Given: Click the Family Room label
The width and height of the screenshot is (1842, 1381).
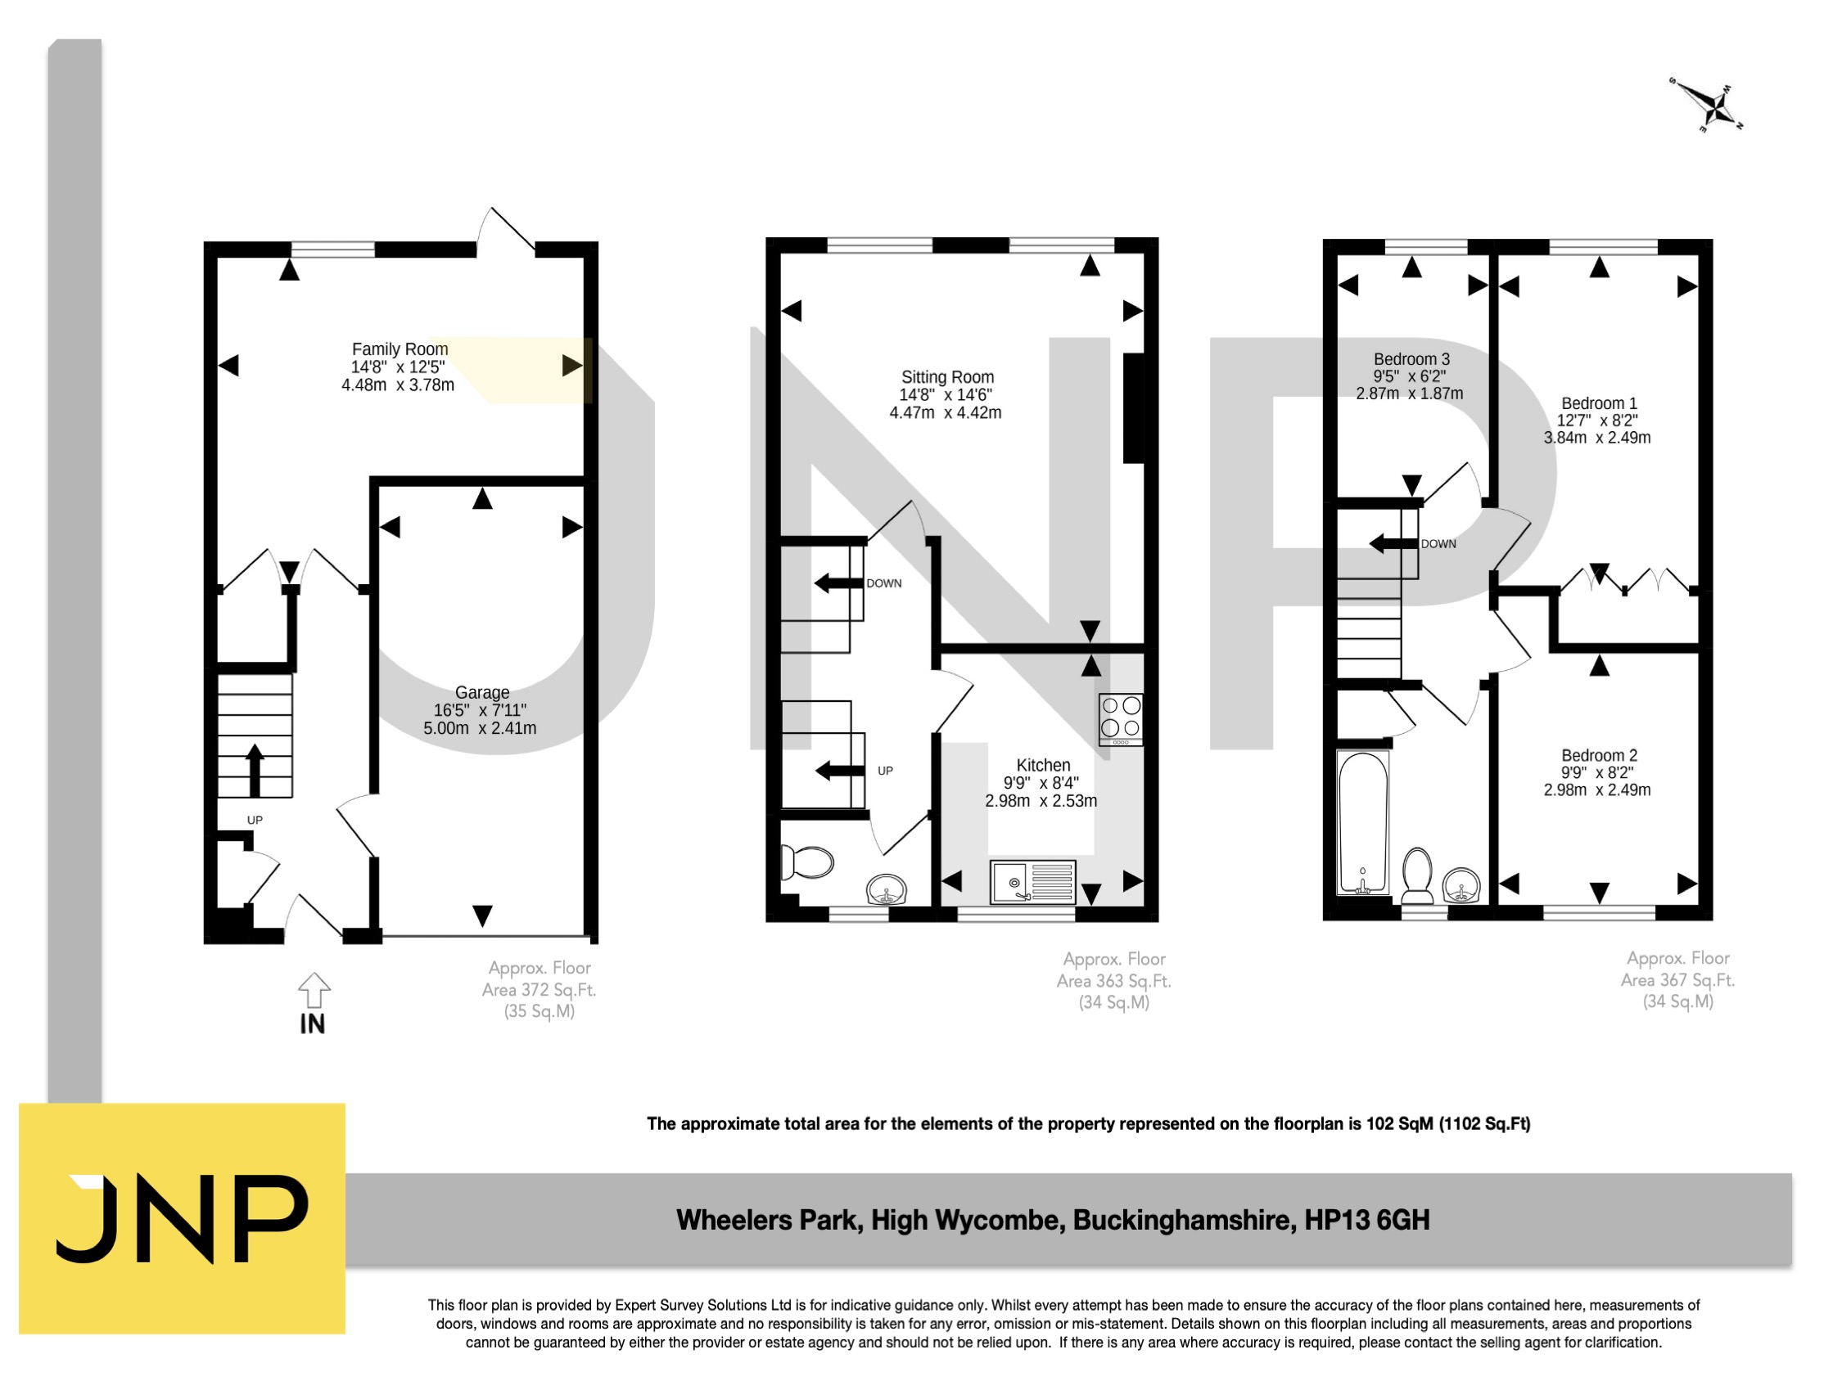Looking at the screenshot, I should coord(399,349).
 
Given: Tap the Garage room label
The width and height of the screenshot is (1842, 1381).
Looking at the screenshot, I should coord(482,693).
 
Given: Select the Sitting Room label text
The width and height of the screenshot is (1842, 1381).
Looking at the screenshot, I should coord(947,377).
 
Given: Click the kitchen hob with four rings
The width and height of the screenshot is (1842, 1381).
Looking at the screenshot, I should coord(1120,718).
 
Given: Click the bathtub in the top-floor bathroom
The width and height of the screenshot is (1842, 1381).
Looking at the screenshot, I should coord(1362,823).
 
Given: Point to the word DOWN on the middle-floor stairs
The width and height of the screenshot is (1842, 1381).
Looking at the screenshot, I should coord(883,583).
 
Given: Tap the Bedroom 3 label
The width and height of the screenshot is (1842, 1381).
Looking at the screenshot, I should coord(1411,360).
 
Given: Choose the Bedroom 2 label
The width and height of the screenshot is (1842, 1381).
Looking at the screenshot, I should coord(1598,755).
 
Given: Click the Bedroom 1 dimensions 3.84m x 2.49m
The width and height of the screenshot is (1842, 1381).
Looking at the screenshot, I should coord(1596,438).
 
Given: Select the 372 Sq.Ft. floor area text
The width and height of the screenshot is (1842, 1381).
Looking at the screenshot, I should coord(539,990).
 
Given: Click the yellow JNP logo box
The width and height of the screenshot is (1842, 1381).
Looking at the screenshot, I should coord(182,1218).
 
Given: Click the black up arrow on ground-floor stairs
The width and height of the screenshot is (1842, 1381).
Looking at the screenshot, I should coord(255,770).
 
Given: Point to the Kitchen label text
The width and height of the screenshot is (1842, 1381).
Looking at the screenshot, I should coord(1043,765).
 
